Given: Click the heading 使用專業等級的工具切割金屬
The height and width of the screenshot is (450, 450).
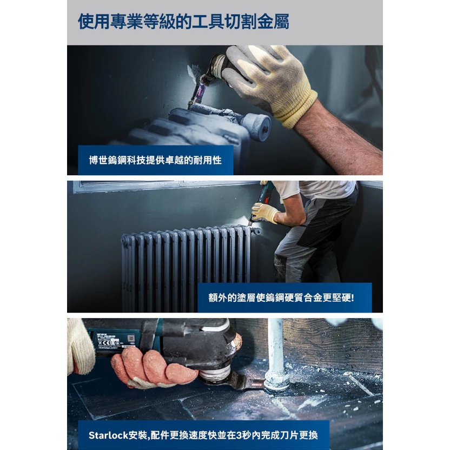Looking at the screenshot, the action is click(x=183, y=22).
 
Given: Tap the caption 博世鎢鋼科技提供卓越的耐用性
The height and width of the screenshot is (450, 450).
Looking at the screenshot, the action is click(x=155, y=160).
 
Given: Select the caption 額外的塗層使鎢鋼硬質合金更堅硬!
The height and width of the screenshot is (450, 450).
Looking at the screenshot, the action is click(x=281, y=297).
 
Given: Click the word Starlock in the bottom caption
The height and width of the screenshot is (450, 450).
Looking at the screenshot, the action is click(x=108, y=435).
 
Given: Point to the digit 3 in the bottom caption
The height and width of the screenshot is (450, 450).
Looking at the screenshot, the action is click(x=239, y=435).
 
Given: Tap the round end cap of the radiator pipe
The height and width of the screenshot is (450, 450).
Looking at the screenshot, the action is click(x=257, y=127).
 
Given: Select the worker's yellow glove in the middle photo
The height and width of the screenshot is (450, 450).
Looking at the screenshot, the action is click(x=264, y=213).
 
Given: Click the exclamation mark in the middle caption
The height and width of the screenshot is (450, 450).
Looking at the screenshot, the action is click(x=353, y=297).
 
